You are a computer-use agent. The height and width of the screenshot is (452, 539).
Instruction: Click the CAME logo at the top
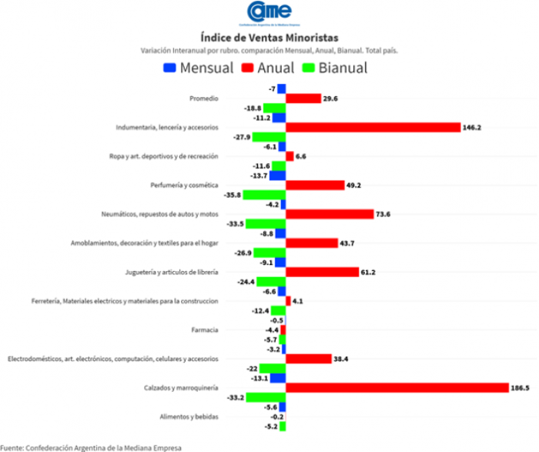tap(269, 13)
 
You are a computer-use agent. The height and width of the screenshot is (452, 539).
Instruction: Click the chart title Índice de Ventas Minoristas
tap(269, 37)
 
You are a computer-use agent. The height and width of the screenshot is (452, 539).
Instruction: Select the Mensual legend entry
tap(199, 68)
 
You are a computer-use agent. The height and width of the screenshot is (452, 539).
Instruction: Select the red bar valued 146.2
tap(373, 127)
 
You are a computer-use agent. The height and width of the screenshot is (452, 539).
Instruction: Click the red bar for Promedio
tap(303, 99)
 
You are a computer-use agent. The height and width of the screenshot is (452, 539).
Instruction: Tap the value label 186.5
tap(521, 388)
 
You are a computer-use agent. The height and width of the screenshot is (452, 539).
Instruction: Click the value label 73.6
tap(383, 214)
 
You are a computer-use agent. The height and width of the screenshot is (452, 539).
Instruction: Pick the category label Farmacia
tap(206, 330)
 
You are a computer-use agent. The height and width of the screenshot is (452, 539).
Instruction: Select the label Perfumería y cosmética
tap(184, 186)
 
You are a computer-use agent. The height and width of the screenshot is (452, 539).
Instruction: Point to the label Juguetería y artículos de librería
tap(172, 273)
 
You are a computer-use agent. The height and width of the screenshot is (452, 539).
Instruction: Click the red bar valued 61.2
tap(323, 272)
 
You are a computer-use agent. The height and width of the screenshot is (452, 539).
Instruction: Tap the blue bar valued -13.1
tap(278, 378)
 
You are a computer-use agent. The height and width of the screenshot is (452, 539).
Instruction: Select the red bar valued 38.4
tap(309, 359)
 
